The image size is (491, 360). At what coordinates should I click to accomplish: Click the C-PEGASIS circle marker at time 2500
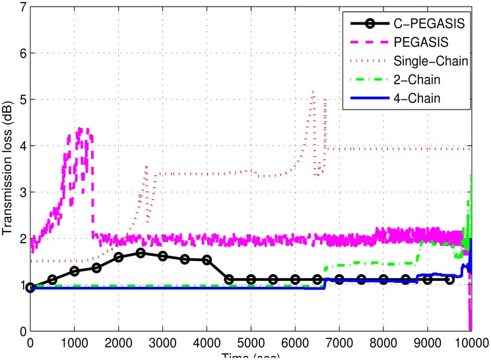(141, 253)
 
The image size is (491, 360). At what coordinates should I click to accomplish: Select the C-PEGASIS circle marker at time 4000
(207, 260)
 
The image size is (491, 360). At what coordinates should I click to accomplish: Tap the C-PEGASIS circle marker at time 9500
(449, 280)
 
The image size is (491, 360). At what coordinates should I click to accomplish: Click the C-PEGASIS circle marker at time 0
(30, 287)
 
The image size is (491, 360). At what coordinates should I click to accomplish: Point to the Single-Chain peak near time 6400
(313, 92)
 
